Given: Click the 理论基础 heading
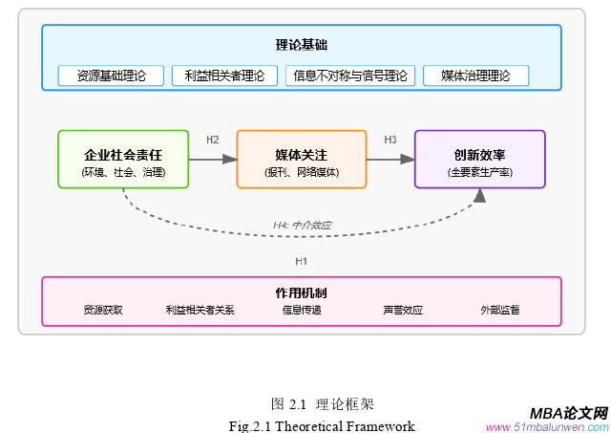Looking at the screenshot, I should click(x=302, y=44).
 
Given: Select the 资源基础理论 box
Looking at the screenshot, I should click(x=111, y=76).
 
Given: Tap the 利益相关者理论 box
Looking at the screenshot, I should click(x=224, y=76).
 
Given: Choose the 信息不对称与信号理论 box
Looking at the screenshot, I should click(x=350, y=76).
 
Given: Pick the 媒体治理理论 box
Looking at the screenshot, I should click(x=475, y=76).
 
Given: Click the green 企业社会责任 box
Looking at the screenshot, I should click(x=123, y=160).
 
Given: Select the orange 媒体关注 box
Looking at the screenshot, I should click(x=302, y=160).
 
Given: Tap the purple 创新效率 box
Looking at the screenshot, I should click(x=479, y=160).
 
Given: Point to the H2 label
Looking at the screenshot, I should click(x=213, y=141).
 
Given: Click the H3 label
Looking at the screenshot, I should click(x=390, y=141).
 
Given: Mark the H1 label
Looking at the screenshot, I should click(x=302, y=261).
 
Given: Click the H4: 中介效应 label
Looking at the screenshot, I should click(x=302, y=226).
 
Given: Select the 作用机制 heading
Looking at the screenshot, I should click(x=302, y=292).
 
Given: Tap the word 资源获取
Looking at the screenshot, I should click(x=103, y=311).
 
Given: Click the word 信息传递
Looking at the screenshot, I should click(x=302, y=311).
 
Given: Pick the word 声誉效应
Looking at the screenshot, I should click(x=403, y=311).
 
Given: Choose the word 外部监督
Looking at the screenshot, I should click(x=501, y=311).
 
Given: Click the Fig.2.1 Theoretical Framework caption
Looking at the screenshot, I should click(x=322, y=425).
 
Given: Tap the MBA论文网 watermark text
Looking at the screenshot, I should click(x=569, y=412).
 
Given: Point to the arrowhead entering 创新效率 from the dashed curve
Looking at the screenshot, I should click(x=479, y=195).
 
